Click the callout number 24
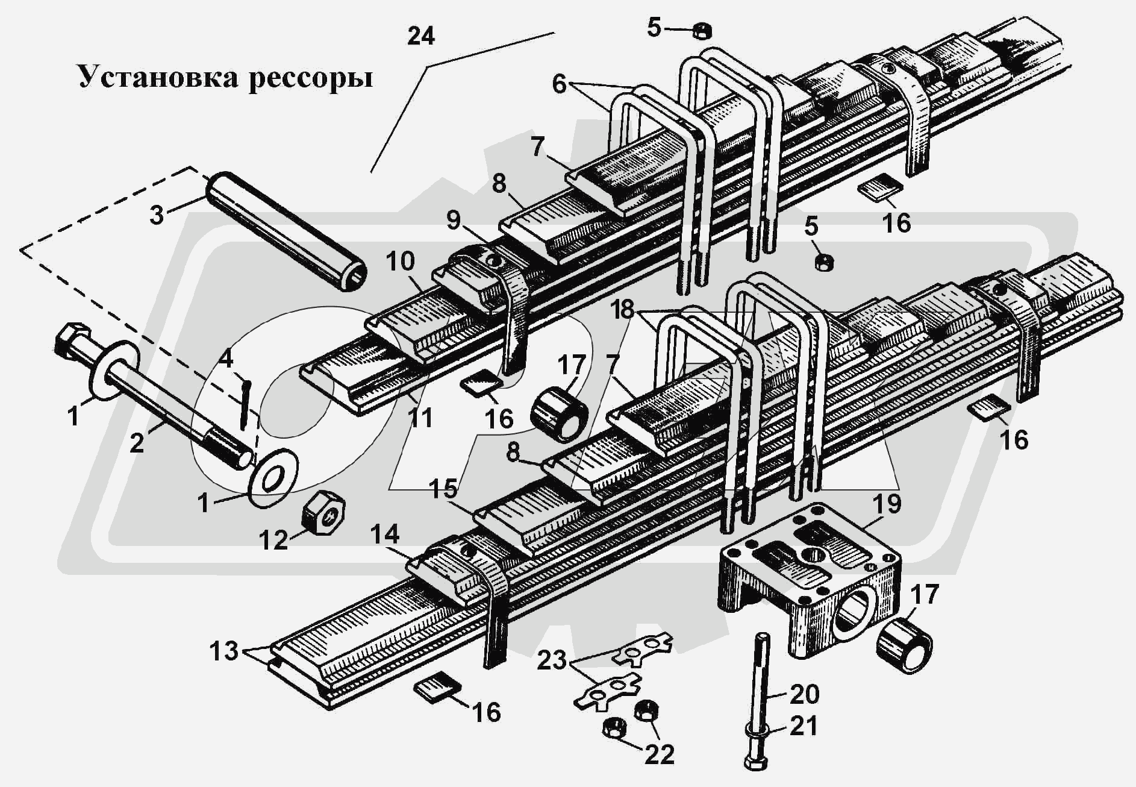coord(420,37)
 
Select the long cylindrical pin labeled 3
coord(286,231)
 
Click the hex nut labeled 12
coord(322,513)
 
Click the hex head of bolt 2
coord(70,340)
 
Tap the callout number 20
coord(804,694)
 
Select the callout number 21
coord(804,726)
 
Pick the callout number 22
coord(659,754)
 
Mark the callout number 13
coord(224,651)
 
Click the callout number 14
coord(384,535)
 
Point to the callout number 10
coord(401,261)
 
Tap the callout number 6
coord(559,85)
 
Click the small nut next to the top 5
coord(702,30)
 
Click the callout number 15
coord(443,489)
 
